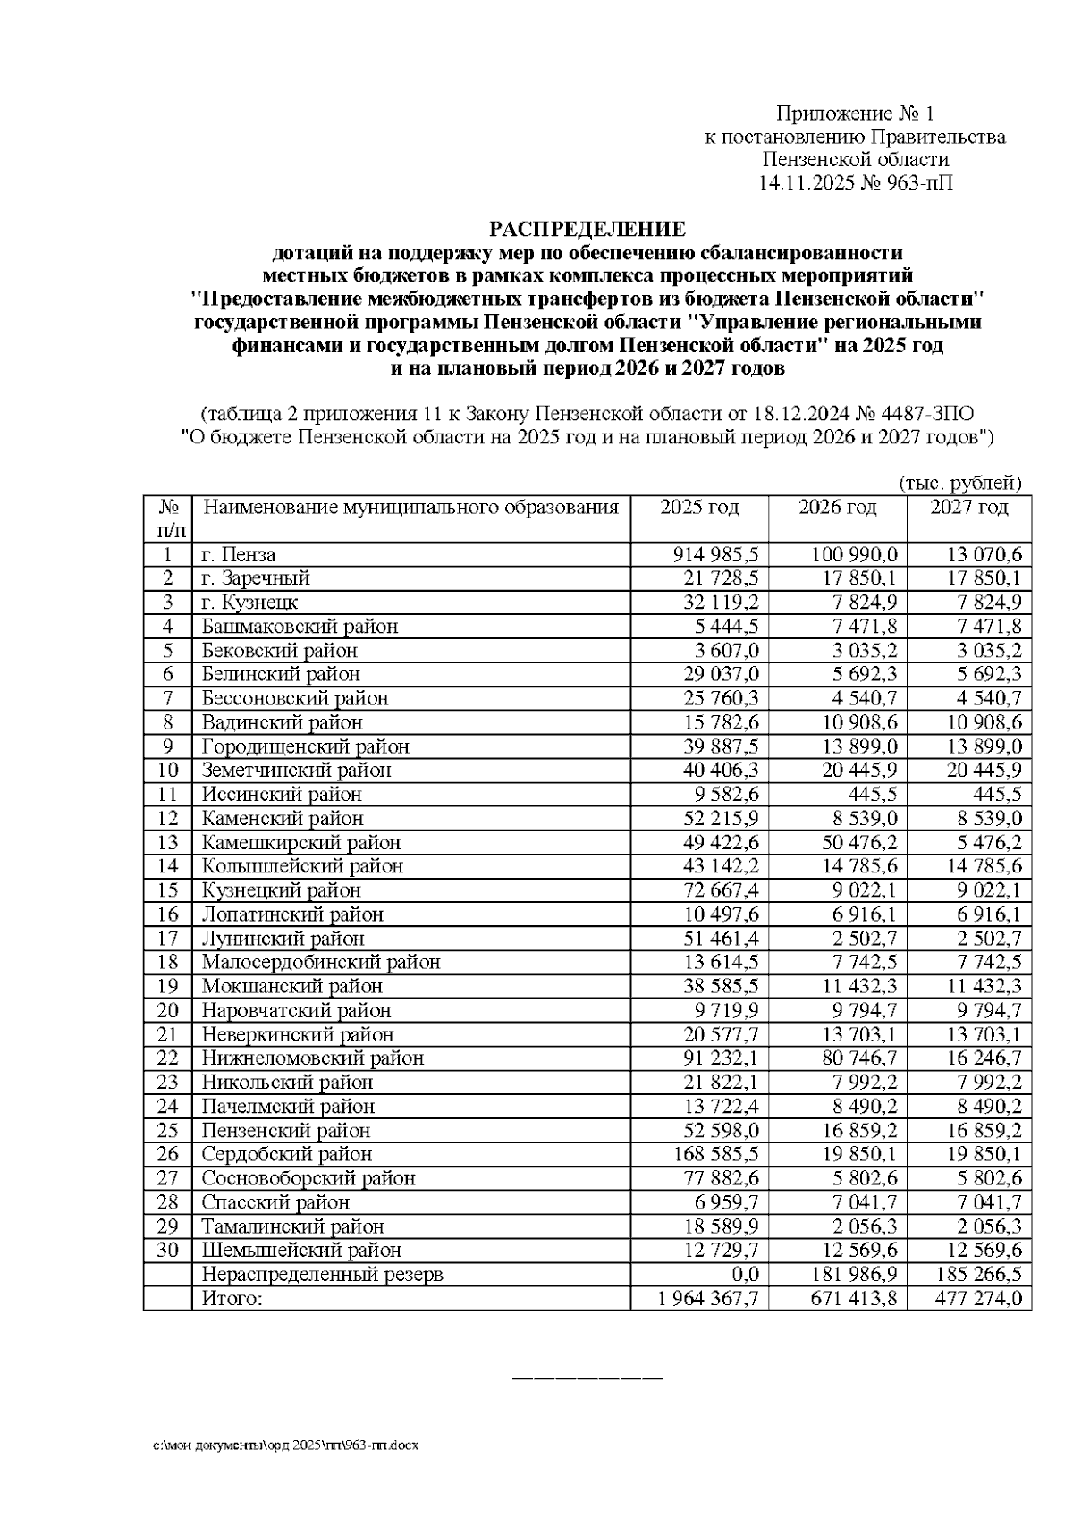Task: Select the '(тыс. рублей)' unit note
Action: [959, 484]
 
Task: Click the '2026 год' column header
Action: [837, 508]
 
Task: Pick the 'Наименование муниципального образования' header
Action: [410, 508]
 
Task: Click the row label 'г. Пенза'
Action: [239, 555]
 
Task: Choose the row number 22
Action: [167, 1058]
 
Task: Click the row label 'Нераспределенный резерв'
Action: [322, 1274]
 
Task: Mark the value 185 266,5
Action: [978, 1274]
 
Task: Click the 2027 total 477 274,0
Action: [978, 1298]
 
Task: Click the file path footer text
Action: [285, 1445]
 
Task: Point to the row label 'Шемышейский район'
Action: [301, 1250]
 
